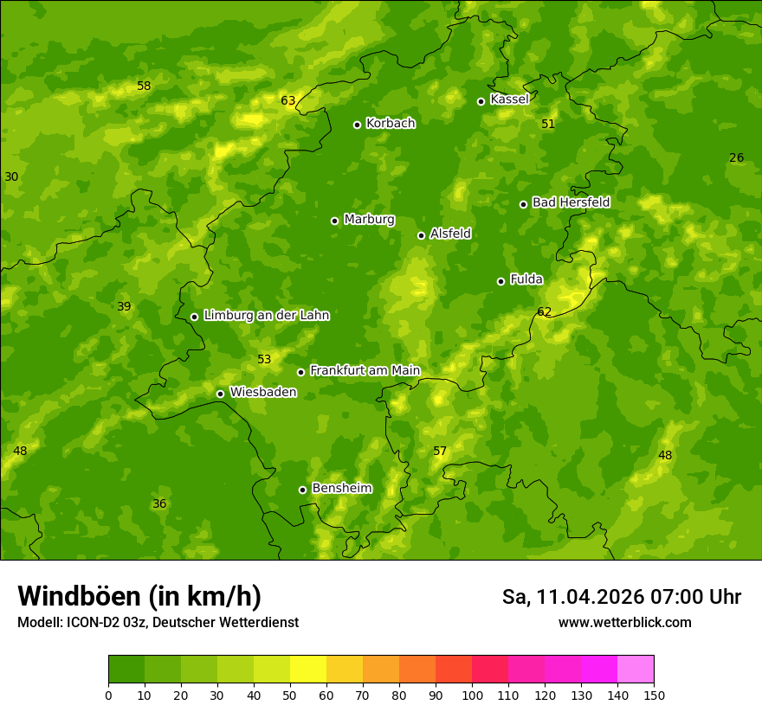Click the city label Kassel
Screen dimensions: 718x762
pyautogui.click(x=509, y=99)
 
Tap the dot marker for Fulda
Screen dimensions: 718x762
pyautogui.click(x=500, y=281)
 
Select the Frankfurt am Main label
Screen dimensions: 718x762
pyautogui.click(x=365, y=370)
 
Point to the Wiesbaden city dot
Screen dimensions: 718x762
pyautogui.click(x=220, y=394)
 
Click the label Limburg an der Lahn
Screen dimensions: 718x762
pyautogui.click(x=266, y=315)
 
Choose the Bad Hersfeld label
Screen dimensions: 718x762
pyautogui.click(x=571, y=202)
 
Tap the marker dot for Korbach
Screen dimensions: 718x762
pyautogui.click(x=357, y=125)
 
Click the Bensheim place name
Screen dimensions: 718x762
pyautogui.click(x=341, y=488)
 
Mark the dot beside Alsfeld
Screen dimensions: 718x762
pyautogui.click(x=421, y=235)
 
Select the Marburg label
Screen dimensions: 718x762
pyautogui.click(x=369, y=219)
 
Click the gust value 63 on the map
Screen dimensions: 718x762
pyautogui.click(x=288, y=100)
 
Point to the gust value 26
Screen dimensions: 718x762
pyautogui.click(x=736, y=157)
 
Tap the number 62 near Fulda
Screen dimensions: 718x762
pyautogui.click(x=544, y=311)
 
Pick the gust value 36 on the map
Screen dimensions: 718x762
pyautogui.click(x=159, y=503)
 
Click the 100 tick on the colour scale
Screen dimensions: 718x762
pyautogui.click(x=472, y=695)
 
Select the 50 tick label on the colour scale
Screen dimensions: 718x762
pyautogui.click(x=290, y=695)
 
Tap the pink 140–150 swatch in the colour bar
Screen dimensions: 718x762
pyautogui.click(x=636, y=669)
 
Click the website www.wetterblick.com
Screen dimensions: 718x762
pyautogui.click(x=624, y=623)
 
